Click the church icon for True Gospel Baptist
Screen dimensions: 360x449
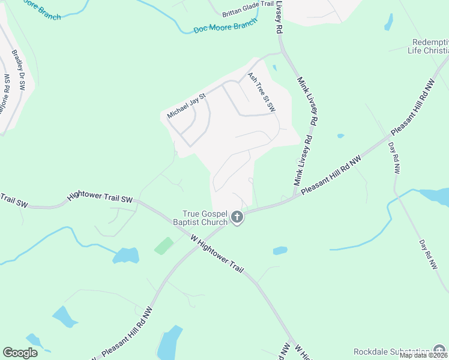(237, 217)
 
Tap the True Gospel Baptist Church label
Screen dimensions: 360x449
(205, 218)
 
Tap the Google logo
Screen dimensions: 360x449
(20, 353)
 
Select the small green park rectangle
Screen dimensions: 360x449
(164, 245)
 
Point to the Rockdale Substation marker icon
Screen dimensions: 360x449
(440, 351)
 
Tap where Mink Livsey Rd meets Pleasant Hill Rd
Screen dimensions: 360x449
(294, 197)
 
